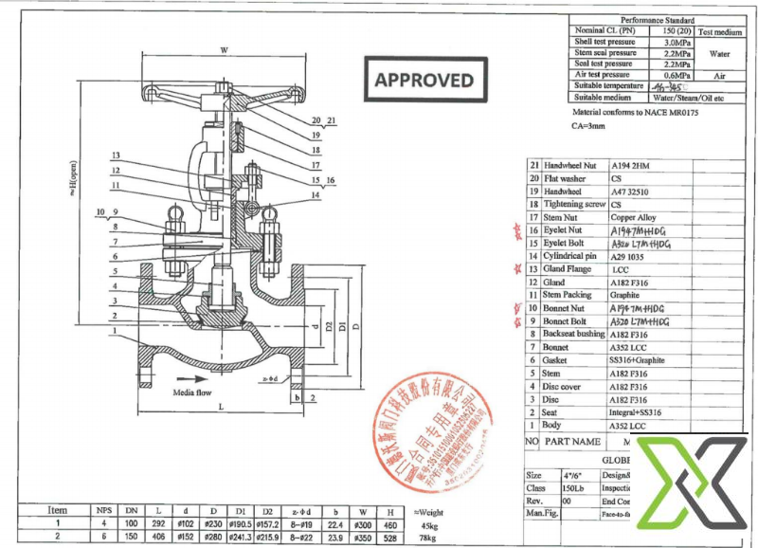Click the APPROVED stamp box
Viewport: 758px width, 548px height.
tap(424, 80)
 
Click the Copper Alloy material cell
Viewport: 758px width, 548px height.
tap(633, 217)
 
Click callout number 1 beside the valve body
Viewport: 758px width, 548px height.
tap(113, 331)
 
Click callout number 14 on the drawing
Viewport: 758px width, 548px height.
tap(315, 196)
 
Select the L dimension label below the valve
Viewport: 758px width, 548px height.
tap(220, 407)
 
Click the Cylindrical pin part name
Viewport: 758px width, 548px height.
tap(570, 256)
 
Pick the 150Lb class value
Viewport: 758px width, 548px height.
tap(574, 487)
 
